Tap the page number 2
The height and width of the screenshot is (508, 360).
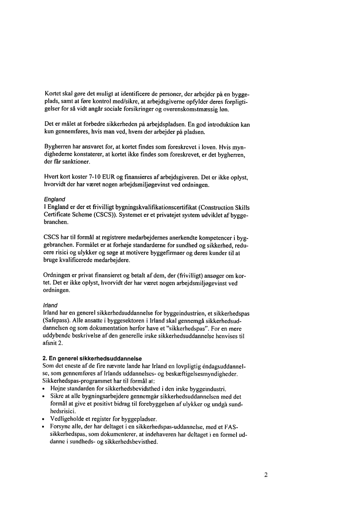pos(266,475)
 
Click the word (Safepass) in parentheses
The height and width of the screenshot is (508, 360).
pos(60,320)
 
